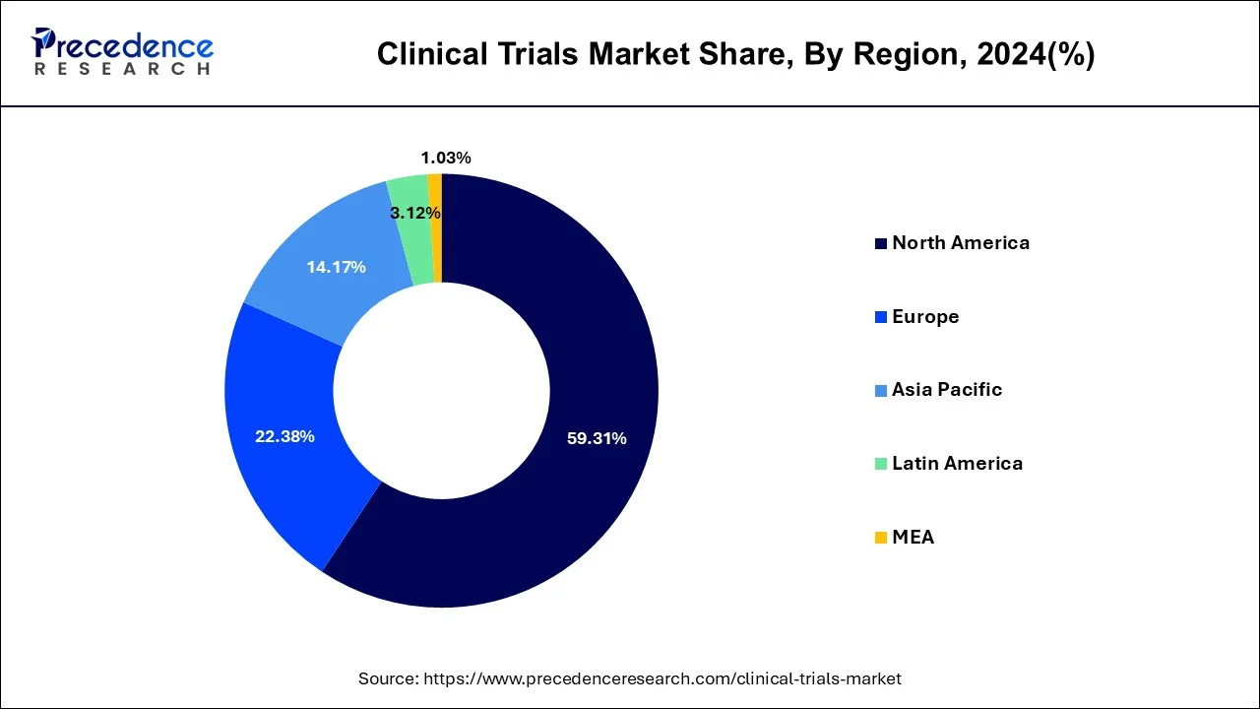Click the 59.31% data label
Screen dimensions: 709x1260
tap(597, 438)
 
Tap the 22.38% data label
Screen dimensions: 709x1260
tap(284, 436)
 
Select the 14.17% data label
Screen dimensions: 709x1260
tap(336, 267)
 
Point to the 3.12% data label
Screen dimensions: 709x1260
tap(414, 213)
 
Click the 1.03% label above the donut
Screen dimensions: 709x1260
tap(446, 158)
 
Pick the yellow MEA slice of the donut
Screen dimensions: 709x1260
tap(435, 227)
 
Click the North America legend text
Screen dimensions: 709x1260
tap(961, 243)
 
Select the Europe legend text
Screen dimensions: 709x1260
tap(925, 317)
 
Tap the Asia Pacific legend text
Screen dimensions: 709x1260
tap(947, 390)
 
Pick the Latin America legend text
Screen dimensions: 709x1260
tap(957, 464)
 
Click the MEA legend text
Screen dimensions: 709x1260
tap(913, 538)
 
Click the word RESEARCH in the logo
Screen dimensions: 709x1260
tap(122, 69)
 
